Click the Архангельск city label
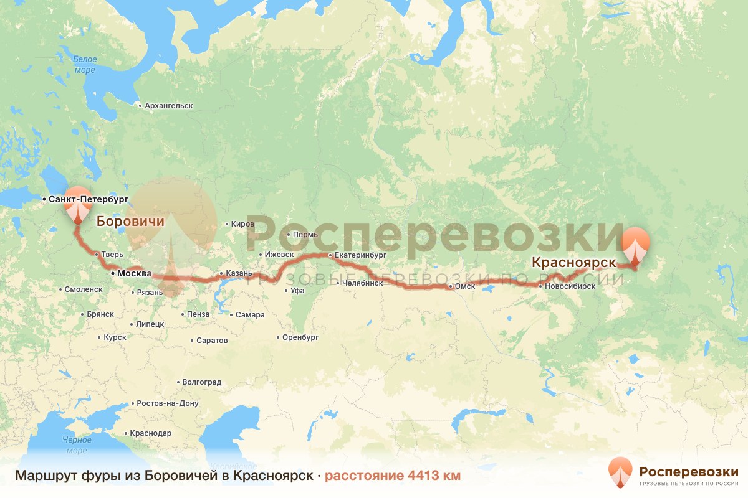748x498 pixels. [168, 106]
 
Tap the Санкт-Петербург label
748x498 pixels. [88, 199]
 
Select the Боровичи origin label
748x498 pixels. [130, 221]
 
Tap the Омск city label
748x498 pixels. [465, 286]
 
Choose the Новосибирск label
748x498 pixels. [570, 286]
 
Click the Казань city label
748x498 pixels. [239, 273]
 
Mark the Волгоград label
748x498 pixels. [201, 382]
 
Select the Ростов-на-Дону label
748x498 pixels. [167, 403]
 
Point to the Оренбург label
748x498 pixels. [300, 337]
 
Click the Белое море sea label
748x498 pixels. [85, 65]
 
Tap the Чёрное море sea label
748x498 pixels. [77, 445]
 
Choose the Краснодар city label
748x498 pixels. [150, 433]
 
